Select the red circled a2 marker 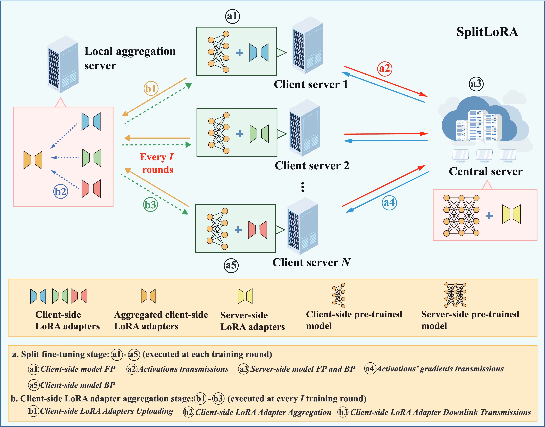pos(384,68)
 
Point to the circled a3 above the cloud pos(476,84)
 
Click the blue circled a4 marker pos(389,202)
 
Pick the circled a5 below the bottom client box pos(231,265)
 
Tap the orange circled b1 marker pos(151,89)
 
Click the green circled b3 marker pos(150,205)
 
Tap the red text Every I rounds pos(157,163)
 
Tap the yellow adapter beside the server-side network pos(511,214)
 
